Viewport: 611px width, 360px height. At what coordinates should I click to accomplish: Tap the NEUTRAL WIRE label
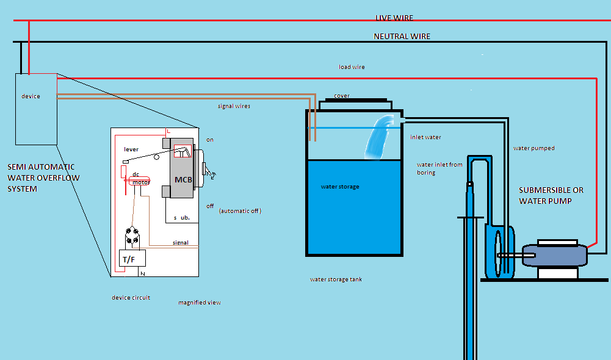pos(402,37)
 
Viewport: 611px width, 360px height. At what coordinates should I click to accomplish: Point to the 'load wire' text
pos(352,67)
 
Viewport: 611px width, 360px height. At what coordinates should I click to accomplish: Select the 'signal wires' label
pos(234,106)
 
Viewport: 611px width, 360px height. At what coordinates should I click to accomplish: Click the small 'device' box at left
pos(35,109)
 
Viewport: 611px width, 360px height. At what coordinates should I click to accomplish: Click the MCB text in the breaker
pos(183,180)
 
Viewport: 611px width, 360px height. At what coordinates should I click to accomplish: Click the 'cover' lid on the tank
pos(342,96)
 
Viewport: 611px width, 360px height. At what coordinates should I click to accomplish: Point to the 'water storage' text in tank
pos(340,187)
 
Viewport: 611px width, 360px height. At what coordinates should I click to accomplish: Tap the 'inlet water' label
pos(425,137)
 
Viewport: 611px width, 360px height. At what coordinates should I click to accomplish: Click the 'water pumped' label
pos(533,148)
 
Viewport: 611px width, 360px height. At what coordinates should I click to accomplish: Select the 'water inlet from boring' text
pos(439,168)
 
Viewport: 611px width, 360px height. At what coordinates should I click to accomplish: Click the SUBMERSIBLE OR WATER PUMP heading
pos(551,195)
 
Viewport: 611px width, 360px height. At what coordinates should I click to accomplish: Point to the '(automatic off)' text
pos(239,211)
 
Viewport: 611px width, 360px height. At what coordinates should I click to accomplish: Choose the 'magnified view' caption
pos(199,303)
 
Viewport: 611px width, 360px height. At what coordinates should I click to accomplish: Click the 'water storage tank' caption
pos(336,279)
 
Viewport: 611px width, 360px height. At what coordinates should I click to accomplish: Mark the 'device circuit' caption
pos(131,298)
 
